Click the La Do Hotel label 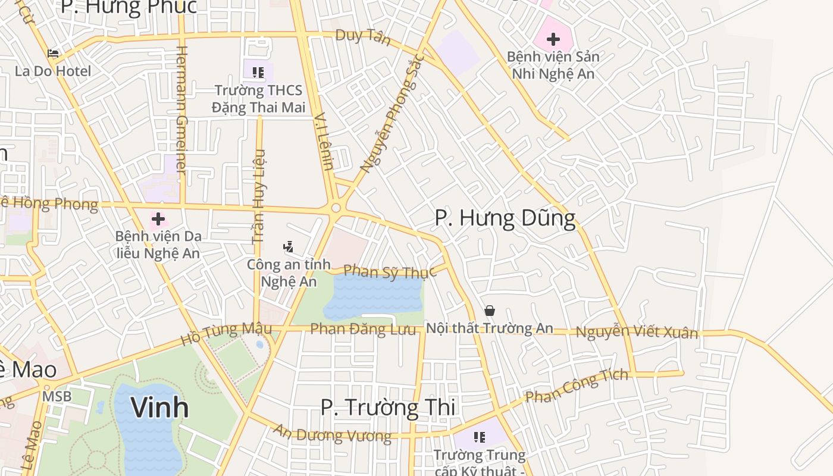(53, 71)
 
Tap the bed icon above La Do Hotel (53, 54)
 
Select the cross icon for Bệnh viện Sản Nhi (553, 40)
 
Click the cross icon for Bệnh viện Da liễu (158, 218)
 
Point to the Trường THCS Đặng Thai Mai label (258, 99)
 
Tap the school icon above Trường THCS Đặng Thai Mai (258, 73)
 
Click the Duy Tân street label (363, 37)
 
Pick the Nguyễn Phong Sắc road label (393, 113)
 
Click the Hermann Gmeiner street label (181, 111)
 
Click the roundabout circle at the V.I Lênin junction (336, 208)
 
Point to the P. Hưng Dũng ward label (505, 218)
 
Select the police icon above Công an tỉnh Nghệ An (289, 246)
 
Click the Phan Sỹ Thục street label (390, 272)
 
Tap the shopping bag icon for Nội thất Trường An (490, 311)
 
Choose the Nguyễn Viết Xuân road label (637, 332)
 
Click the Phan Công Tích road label (577, 386)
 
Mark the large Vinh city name (159, 408)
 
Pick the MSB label (57, 396)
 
